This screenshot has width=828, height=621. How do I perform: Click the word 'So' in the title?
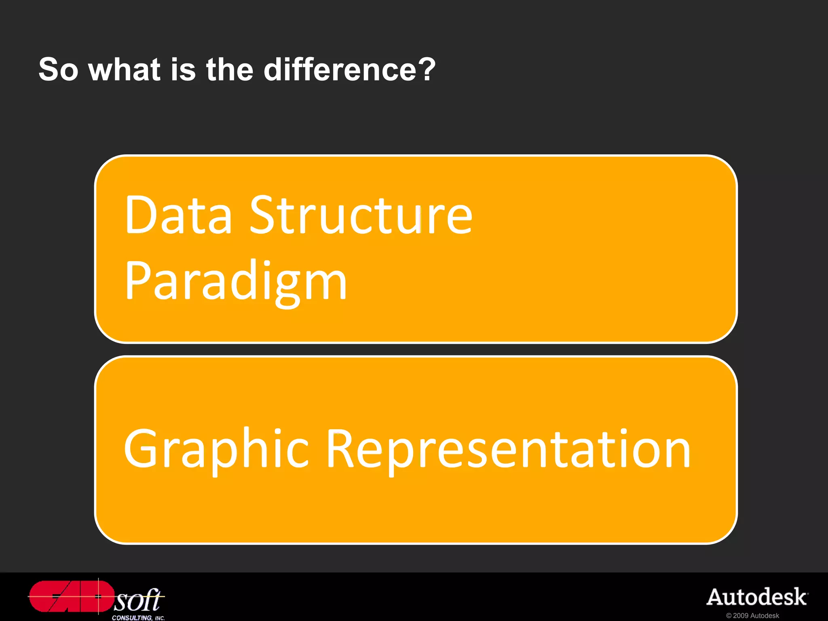point(58,70)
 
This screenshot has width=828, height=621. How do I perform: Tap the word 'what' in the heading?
point(125,70)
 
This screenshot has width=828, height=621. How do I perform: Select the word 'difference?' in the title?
point(349,70)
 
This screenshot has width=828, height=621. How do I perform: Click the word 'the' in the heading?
point(230,70)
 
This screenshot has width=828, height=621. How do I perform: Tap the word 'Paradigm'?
point(236,281)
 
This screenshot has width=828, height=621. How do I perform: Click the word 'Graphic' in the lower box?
point(216,450)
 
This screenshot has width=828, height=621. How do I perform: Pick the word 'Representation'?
point(508,450)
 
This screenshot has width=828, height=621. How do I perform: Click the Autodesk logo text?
point(757,597)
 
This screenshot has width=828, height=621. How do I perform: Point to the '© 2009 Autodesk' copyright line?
point(752,615)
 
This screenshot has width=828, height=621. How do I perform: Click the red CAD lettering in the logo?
point(71,596)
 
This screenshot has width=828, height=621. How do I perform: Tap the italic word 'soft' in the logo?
point(137,600)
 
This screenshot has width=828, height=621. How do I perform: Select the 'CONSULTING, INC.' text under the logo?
point(138,618)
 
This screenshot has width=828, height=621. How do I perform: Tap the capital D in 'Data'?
point(139,215)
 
